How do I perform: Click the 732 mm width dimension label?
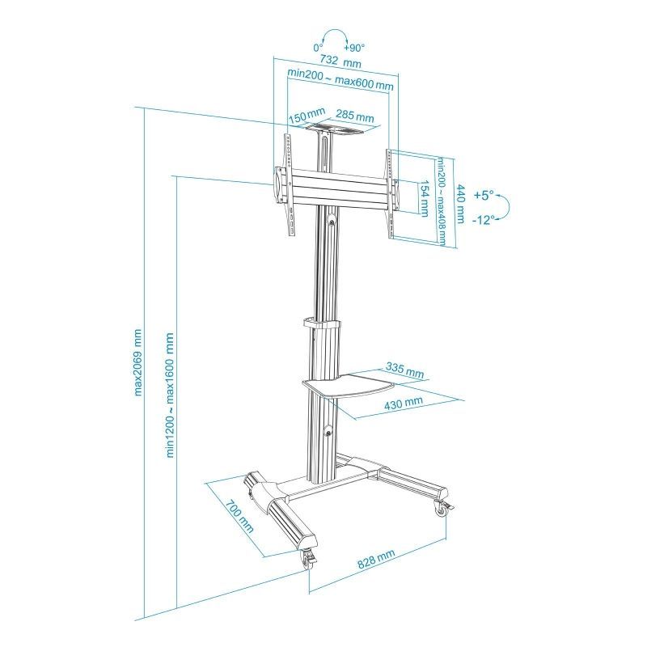click(340, 61)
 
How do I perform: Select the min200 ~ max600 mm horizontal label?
click(340, 85)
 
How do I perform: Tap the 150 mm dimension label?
click(307, 118)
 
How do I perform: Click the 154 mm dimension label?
click(423, 198)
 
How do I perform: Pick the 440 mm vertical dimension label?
click(460, 205)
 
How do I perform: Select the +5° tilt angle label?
click(483, 195)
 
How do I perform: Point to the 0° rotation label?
click(318, 47)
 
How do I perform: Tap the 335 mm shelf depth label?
click(405, 371)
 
